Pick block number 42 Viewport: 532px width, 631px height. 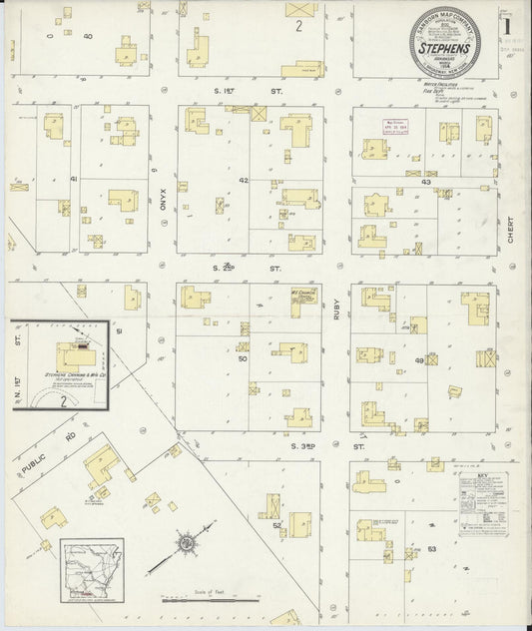(x=244, y=181)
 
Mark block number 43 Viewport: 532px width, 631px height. (x=425, y=182)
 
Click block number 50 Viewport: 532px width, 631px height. (x=242, y=356)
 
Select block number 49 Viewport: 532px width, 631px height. (x=419, y=359)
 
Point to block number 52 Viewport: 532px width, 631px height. (x=276, y=523)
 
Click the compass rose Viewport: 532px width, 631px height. (x=185, y=544)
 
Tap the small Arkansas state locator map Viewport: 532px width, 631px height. (x=92, y=570)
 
